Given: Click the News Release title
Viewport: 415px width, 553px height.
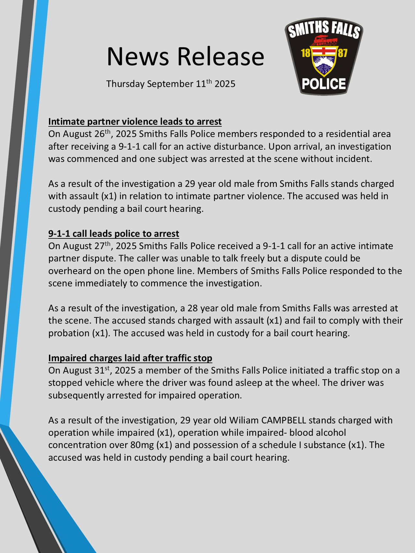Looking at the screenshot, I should (x=185, y=56).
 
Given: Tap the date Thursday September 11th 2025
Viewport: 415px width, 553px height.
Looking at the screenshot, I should (x=171, y=84).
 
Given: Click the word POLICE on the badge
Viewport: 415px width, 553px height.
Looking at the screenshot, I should (x=324, y=84).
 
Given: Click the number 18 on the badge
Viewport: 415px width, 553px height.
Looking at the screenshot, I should (x=306, y=53).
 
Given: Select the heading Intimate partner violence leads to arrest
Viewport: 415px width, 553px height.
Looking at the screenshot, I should (x=135, y=121).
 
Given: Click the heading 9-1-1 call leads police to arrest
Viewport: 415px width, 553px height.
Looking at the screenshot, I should (x=113, y=234).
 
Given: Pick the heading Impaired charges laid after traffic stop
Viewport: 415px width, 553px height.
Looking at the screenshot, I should (x=130, y=358).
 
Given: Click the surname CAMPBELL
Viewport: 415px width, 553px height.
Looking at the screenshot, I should (x=284, y=420).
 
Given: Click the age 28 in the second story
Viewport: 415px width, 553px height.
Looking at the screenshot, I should (x=193, y=308).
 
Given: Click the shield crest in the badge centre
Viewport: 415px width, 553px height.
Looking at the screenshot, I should (x=324, y=62).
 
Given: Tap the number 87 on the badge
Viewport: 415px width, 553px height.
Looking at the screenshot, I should (x=342, y=53).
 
